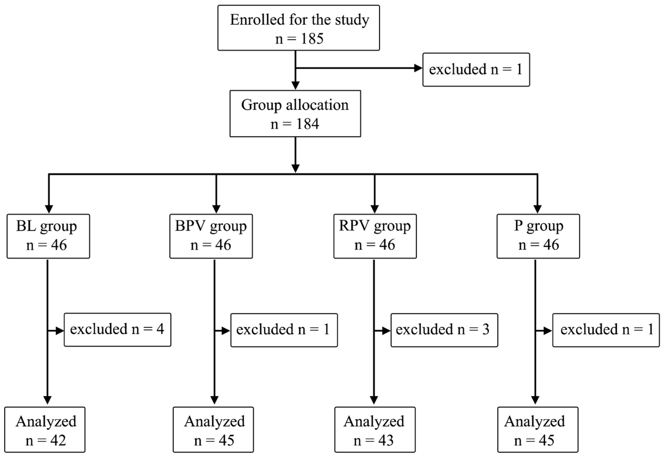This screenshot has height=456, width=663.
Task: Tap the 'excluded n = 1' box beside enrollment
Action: (476, 69)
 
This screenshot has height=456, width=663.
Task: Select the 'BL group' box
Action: (48, 236)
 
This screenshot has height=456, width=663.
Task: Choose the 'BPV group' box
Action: (211, 236)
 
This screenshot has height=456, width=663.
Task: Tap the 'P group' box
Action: (538, 236)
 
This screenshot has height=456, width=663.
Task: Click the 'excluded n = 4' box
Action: (117, 330)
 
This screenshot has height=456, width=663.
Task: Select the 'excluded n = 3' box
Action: (444, 330)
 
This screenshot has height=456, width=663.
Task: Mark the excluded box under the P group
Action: (606, 330)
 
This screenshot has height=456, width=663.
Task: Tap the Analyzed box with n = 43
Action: (375, 429)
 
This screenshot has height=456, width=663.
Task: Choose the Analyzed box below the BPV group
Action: (213, 429)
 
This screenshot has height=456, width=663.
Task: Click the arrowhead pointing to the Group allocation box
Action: (295, 85)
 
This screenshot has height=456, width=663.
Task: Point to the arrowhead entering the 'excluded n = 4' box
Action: (60, 331)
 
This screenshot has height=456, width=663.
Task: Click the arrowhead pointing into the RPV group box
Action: (374, 209)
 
